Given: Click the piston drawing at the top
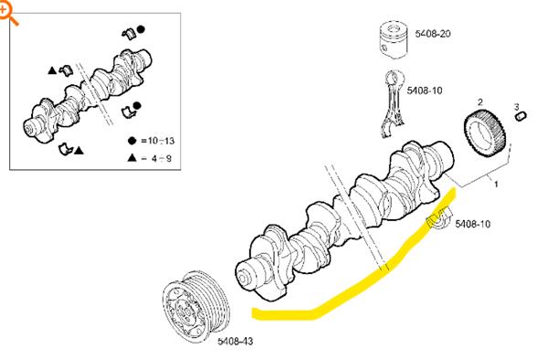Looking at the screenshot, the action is tap(394, 39).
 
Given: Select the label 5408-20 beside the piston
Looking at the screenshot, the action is tap(433, 34).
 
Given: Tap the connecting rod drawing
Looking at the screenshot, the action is tap(394, 104).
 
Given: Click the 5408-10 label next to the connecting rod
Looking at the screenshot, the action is tap(425, 90).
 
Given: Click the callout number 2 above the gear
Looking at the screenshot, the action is tap(480, 101).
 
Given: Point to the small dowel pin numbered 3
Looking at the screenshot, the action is tap(521, 116).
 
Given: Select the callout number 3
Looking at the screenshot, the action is tap(517, 107).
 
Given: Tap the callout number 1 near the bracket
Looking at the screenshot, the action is tap(496, 183).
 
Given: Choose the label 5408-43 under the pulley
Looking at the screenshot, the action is tap(235, 341).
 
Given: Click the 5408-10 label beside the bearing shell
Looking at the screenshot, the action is tap(473, 224).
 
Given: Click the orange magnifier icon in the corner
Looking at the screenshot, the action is tap(7, 14).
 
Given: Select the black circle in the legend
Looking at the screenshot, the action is tap(132, 141).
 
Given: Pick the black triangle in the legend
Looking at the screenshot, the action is tap(132, 158).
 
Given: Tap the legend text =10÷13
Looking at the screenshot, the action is tap(158, 141).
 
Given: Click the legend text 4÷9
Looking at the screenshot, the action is tap(162, 159).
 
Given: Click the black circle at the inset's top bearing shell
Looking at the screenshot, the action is tap(141, 30).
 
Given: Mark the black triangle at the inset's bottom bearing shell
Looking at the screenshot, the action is tap(79, 151).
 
